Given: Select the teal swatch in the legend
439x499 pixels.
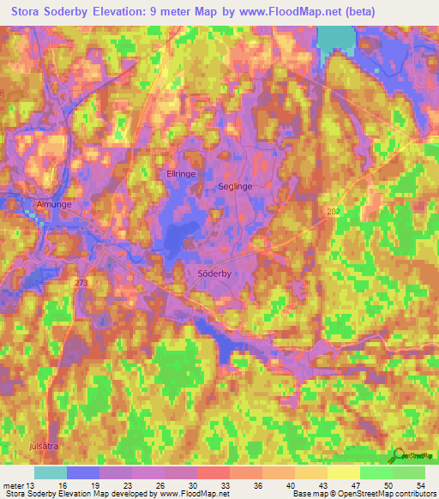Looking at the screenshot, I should coord(51,472).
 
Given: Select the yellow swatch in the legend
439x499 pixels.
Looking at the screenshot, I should coord(344,472).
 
